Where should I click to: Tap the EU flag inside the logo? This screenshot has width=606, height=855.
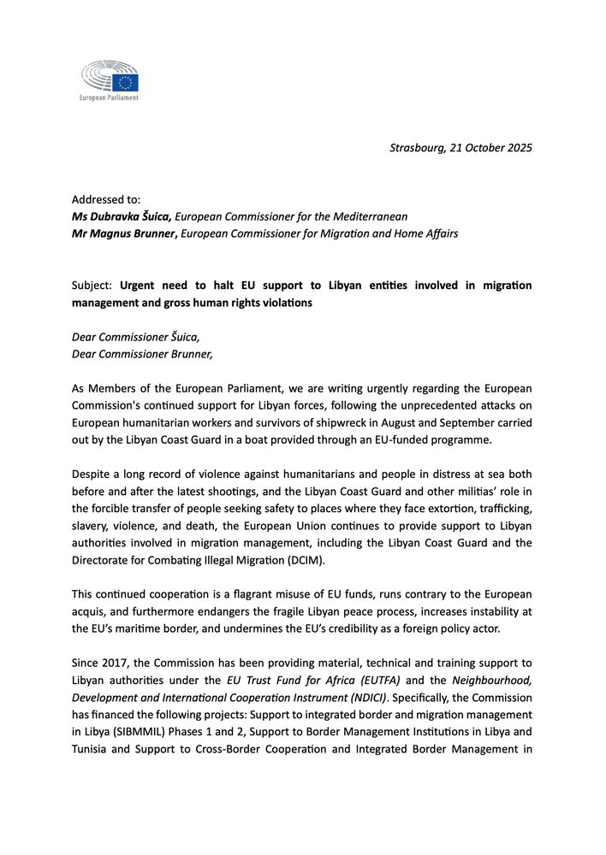(x=127, y=82)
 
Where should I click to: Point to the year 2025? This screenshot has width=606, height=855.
(x=518, y=148)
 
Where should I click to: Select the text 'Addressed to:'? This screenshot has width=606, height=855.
(x=106, y=199)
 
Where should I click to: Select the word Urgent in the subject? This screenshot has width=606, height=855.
(x=139, y=285)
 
